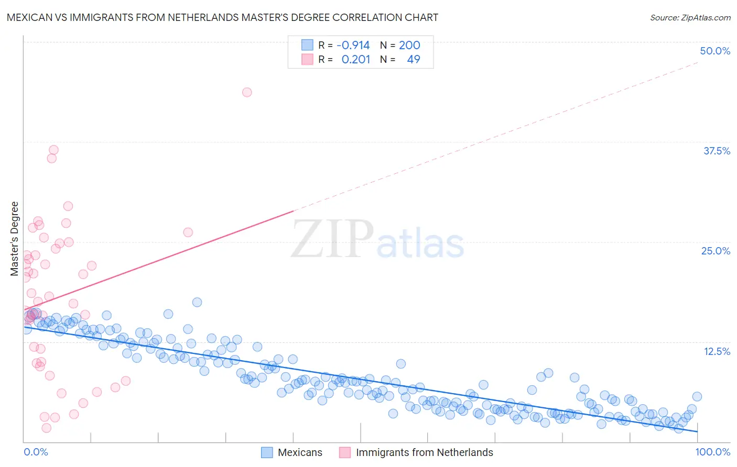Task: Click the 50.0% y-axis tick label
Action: point(715,51)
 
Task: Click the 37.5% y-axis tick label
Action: point(717,151)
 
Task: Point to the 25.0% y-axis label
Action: point(716,251)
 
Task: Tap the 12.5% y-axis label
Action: point(717,351)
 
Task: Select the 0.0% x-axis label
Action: point(36,452)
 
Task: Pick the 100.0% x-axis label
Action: point(713,452)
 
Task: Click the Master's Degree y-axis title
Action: point(14,238)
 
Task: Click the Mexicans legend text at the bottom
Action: point(300,452)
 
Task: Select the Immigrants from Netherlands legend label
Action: point(425,452)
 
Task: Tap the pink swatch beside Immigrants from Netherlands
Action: point(345,452)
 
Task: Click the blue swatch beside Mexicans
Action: point(267,452)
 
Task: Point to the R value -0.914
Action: point(353,45)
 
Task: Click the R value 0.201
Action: point(356,59)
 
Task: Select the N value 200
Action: point(409,45)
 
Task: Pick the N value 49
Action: point(414,59)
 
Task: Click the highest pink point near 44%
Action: point(247,92)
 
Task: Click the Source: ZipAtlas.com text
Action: point(690,18)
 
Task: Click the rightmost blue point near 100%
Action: point(697,397)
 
